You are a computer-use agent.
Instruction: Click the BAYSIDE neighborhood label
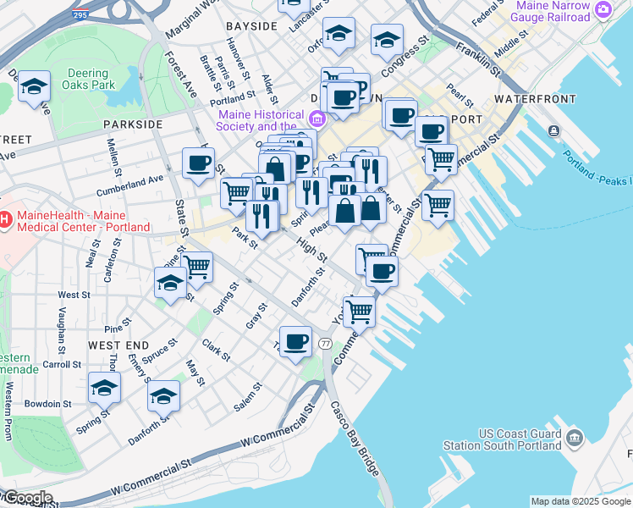tap(251, 26)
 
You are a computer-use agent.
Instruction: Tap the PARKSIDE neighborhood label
tap(133, 124)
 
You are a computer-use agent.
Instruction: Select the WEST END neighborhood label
tap(118, 345)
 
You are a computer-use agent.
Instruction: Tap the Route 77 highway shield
tap(326, 343)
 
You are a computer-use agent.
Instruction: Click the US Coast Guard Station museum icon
tap(575, 438)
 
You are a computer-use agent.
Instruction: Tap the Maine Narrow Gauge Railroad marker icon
tap(603, 10)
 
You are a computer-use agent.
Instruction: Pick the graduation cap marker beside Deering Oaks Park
tap(35, 86)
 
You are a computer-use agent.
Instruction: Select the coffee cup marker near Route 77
tap(295, 342)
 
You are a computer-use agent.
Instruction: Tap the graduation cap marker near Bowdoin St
tap(104, 387)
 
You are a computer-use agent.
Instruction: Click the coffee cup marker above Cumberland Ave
tap(198, 163)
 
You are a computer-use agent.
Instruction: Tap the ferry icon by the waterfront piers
tap(553, 130)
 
